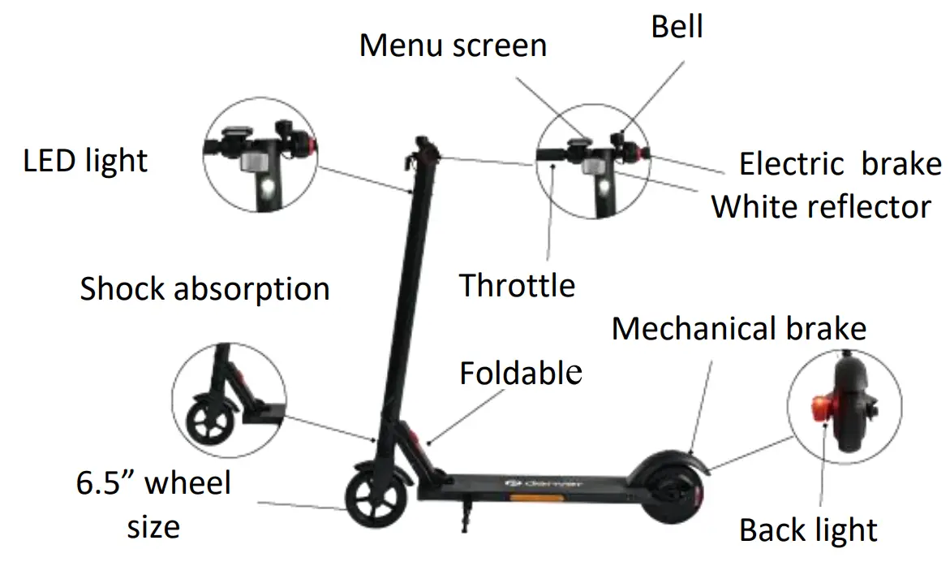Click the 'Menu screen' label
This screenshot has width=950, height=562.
(x=453, y=45)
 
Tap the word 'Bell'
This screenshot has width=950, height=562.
(x=677, y=27)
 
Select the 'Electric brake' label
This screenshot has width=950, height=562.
(x=840, y=164)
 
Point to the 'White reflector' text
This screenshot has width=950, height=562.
(x=821, y=206)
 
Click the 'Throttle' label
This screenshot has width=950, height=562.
(x=517, y=285)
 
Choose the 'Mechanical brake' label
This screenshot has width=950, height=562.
(x=738, y=329)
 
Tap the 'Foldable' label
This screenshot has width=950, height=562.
(x=521, y=373)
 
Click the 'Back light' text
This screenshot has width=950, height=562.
(x=808, y=530)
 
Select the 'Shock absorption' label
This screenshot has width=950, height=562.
(x=204, y=288)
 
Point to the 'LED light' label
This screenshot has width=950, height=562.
(x=85, y=161)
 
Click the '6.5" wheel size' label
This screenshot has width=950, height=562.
(x=154, y=504)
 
